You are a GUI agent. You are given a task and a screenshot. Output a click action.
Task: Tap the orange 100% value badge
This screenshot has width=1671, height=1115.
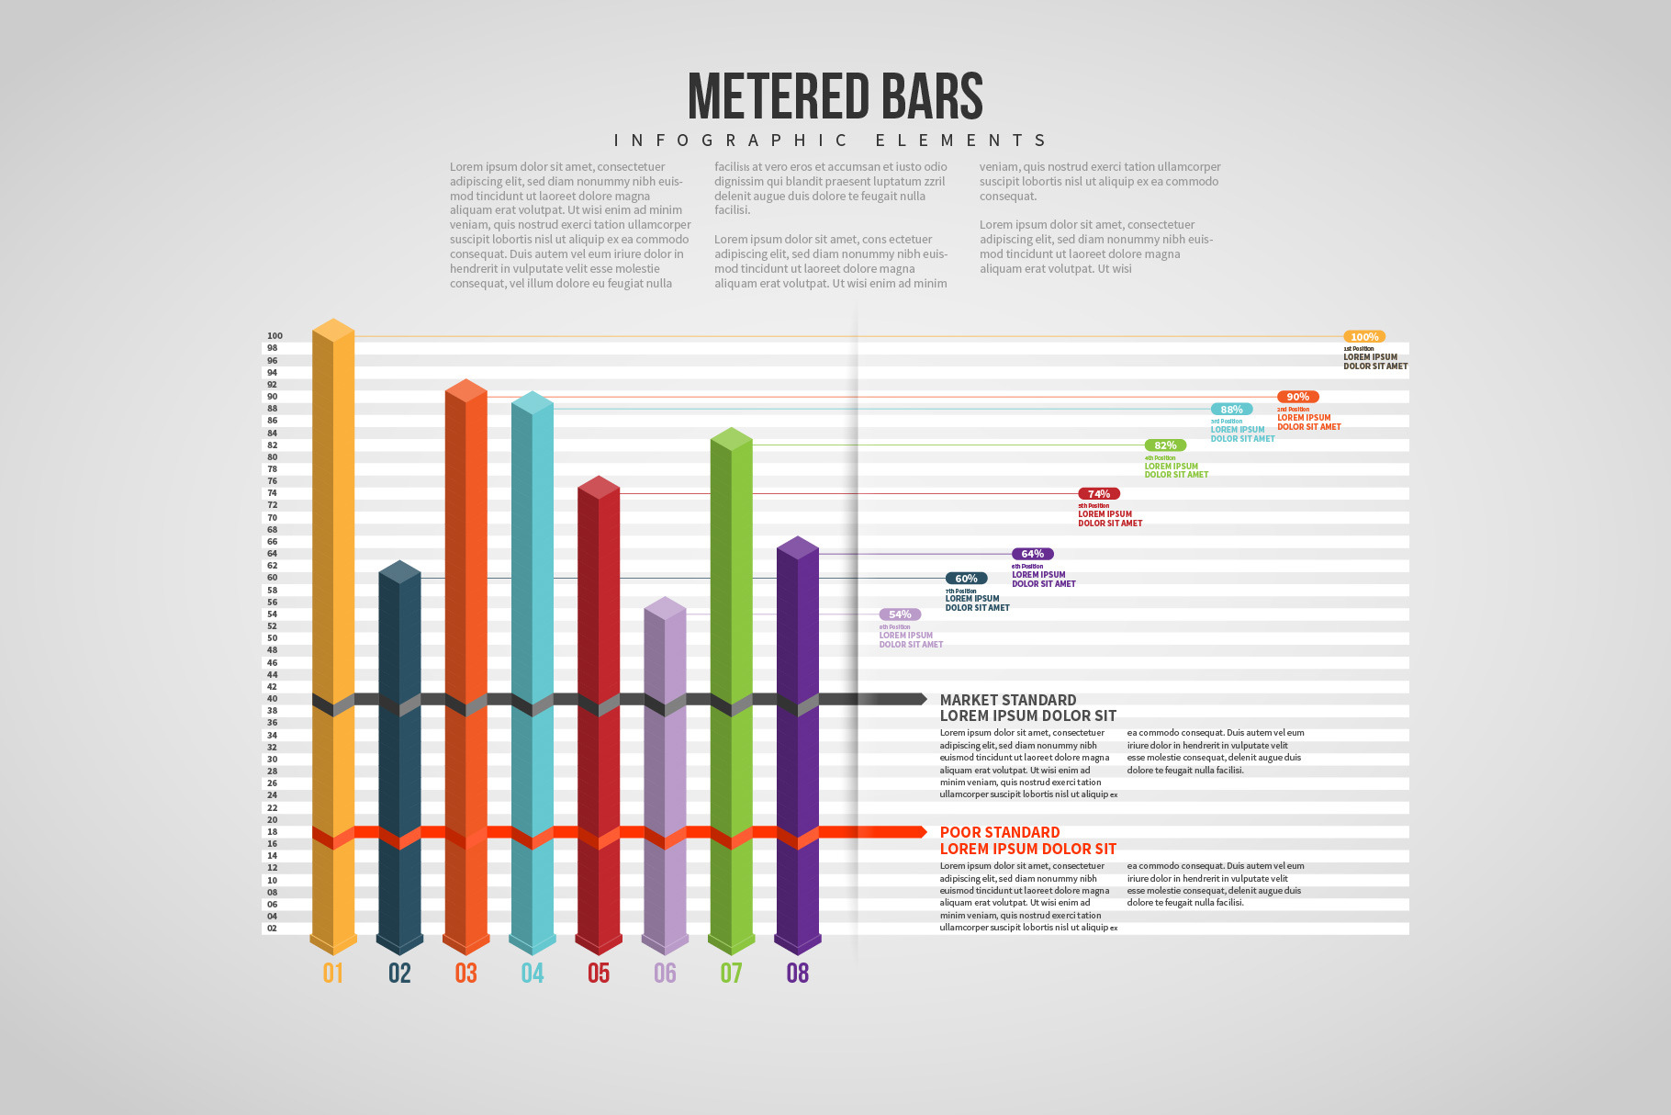click(1363, 337)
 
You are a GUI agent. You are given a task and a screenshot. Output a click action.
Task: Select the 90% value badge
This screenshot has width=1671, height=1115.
click(1297, 397)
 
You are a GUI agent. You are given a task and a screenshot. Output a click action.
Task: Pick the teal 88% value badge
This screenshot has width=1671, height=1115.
click(1231, 410)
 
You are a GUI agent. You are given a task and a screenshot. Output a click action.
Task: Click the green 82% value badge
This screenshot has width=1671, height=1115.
click(1165, 445)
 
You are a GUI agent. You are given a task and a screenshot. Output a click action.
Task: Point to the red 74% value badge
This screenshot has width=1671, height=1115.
click(1099, 494)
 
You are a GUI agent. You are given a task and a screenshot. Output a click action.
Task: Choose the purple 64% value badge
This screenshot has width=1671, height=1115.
click(1032, 554)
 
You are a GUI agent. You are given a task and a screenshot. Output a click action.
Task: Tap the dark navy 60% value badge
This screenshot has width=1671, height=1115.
click(966, 579)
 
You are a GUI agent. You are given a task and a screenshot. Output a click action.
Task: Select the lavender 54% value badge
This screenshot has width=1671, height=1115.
click(900, 614)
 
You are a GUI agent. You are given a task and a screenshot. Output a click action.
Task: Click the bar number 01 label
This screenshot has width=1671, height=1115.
click(333, 974)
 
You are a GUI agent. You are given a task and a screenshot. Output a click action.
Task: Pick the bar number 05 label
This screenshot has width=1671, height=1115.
click(599, 974)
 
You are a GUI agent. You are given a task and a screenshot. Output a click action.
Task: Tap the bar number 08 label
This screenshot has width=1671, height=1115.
click(798, 974)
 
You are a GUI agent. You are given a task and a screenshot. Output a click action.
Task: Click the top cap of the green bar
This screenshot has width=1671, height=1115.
click(732, 438)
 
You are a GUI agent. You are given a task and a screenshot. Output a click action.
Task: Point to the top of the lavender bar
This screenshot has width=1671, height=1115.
click(665, 607)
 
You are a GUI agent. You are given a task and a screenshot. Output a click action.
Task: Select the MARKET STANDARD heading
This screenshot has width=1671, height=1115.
click(1008, 700)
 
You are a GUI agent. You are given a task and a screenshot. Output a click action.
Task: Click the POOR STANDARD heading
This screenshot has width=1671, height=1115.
click(1000, 832)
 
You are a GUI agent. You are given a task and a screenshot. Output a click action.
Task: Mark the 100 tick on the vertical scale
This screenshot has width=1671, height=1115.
click(275, 336)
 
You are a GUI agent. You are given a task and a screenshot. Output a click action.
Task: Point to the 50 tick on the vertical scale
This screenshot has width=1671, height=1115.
click(272, 638)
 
